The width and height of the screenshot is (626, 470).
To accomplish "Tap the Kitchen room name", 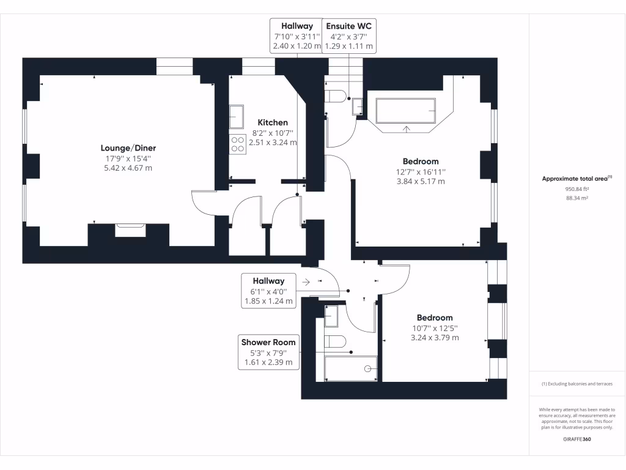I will (273, 122).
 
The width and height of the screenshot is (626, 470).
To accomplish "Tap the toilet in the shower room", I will (335, 340).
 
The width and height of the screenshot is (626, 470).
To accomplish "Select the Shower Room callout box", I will (268, 352).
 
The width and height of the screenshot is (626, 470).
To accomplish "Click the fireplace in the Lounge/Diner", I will (130, 229).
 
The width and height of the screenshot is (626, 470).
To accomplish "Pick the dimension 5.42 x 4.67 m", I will (128, 168).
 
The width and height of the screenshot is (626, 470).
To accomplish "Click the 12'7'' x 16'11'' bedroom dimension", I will (421, 172).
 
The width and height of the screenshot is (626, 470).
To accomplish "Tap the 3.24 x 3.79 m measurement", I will (435, 338).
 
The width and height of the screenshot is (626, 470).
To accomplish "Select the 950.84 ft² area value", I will (577, 189).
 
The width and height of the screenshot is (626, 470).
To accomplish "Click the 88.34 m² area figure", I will (577, 198).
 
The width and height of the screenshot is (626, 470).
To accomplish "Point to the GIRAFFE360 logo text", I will (577, 439).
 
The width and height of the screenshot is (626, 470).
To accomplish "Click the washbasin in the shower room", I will (331, 316).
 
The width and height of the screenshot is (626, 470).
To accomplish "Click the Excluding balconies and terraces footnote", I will (577, 384).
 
